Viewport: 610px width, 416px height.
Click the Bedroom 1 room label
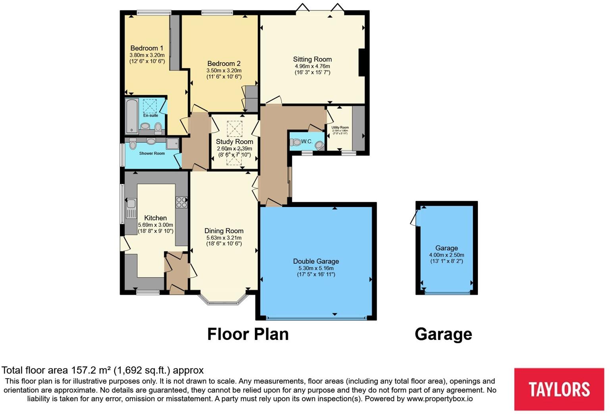coord(146,48)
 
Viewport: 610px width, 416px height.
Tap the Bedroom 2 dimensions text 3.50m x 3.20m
coord(224,70)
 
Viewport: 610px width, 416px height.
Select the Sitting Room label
coord(312,59)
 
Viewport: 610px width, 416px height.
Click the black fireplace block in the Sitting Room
coord(362,62)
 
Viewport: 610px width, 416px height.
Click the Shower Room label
coord(152,153)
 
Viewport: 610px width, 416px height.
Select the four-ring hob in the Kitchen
coord(181,202)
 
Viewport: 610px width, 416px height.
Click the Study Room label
coord(234,142)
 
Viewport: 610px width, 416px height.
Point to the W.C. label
coord(307,142)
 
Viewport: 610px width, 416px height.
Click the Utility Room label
coord(340,128)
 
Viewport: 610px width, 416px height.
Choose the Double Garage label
coord(316,261)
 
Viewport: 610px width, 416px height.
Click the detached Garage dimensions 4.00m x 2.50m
coord(446,255)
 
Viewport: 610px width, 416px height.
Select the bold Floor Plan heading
coord(248,334)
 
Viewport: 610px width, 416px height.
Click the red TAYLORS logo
coord(559,389)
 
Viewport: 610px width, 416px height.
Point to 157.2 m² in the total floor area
coord(91,370)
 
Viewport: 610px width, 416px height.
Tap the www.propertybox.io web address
coord(439,399)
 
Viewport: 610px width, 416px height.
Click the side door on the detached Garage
coord(416,218)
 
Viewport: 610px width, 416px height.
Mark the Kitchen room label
coord(155,218)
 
